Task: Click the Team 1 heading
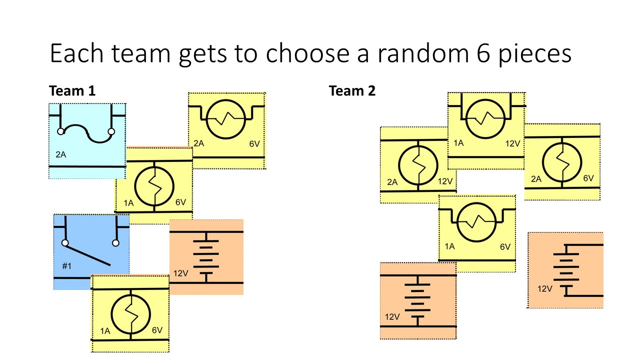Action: pos(72,91)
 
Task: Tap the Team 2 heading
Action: pos(352,91)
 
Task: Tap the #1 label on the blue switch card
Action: pos(66,266)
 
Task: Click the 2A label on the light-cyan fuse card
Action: pos(60,155)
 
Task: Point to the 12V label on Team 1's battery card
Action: pos(181,273)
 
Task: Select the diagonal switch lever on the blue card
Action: pos(88,253)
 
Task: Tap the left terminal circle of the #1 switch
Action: pos(65,243)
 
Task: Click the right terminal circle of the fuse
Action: pos(111,132)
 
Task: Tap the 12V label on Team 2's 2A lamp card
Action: pos(445,181)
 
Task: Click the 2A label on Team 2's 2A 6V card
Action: pos(535,178)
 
